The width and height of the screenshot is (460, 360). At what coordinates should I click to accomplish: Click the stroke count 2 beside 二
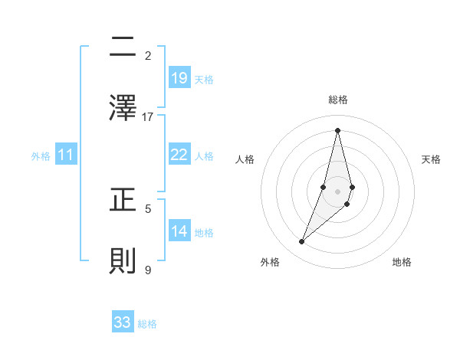tap(148, 55)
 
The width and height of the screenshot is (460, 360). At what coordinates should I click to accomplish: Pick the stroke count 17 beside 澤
tap(148, 116)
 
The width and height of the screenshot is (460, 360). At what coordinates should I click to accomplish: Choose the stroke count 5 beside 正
tap(148, 208)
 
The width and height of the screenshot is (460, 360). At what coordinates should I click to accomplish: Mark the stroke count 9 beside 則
tap(148, 269)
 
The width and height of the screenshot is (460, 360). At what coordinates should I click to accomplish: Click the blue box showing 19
tap(179, 77)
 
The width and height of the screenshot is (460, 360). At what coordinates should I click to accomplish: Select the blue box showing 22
tap(179, 155)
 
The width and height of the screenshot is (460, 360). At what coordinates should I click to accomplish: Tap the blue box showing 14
tap(179, 231)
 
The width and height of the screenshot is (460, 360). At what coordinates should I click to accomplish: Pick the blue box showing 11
tap(66, 155)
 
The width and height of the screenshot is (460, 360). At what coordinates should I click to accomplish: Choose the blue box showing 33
tap(123, 322)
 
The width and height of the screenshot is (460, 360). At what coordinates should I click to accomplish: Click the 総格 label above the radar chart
tap(338, 100)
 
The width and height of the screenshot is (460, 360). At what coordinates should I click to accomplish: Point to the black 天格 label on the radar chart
tap(432, 159)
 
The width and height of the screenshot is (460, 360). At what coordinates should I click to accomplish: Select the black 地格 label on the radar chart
tap(402, 262)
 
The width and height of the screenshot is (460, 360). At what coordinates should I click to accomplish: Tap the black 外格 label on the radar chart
tap(270, 262)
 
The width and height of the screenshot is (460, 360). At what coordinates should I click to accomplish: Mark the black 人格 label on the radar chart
tap(245, 159)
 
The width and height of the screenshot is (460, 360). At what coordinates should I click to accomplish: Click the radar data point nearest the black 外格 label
tap(301, 242)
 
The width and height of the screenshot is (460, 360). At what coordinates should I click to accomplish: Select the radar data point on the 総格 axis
tap(338, 130)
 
